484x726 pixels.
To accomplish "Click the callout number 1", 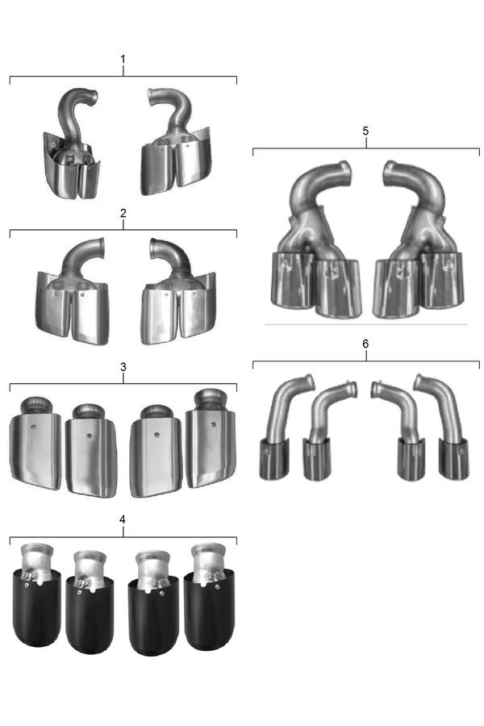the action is click(x=123, y=59).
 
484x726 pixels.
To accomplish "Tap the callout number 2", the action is click(x=123, y=213).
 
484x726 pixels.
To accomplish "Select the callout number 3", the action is click(x=123, y=367).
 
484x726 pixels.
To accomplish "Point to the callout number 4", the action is click(x=123, y=519).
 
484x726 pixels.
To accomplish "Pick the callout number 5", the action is click(x=365, y=131).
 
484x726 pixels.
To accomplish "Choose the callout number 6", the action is click(x=365, y=344).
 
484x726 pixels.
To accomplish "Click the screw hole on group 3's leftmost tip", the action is click(x=33, y=427).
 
